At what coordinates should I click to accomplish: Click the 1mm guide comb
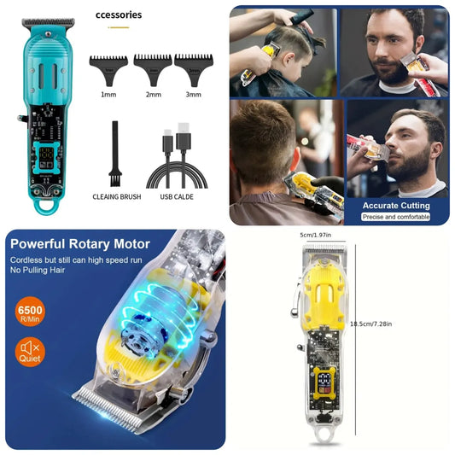(108, 64)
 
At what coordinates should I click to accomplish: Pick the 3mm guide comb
(194, 62)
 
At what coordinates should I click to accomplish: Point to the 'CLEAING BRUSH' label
(116, 196)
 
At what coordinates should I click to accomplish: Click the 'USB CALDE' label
(177, 196)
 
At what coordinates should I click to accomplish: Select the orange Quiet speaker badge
(30, 351)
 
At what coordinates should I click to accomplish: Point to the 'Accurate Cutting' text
(395, 206)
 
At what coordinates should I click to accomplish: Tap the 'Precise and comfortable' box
(395, 218)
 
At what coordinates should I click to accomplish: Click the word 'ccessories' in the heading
(119, 15)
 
